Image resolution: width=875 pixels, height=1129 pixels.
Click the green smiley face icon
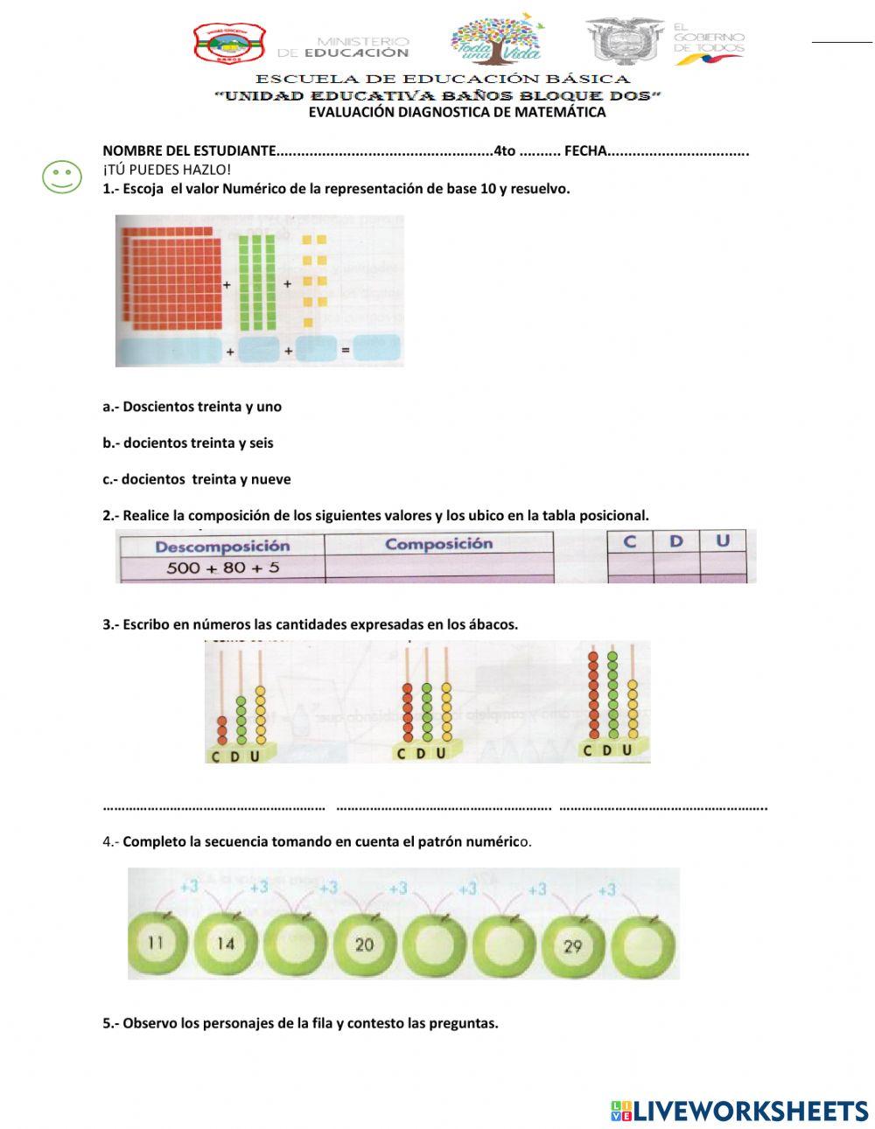tap(62, 177)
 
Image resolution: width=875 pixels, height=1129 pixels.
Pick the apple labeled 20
tap(364, 944)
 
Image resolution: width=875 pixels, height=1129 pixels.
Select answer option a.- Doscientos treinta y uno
tap(192, 407)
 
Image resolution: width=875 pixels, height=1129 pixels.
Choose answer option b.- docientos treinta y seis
tap(187, 443)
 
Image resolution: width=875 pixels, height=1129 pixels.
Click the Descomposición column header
tap(222, 547)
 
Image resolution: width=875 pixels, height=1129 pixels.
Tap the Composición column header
tap(438, 544)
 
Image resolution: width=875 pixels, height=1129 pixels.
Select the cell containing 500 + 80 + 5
tap(222, 568)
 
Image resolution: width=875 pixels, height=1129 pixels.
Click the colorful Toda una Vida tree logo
tap(496, 39)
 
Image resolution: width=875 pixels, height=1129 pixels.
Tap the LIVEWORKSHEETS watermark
tap(739, 1111)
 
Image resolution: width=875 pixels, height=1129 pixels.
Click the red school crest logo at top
tap(228, 44)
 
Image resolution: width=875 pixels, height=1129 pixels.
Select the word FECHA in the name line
tap(585, 151)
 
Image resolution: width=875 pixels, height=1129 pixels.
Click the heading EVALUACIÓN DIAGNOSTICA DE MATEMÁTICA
tap(457, 112)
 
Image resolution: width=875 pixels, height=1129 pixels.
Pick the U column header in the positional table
tap(723, 541)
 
